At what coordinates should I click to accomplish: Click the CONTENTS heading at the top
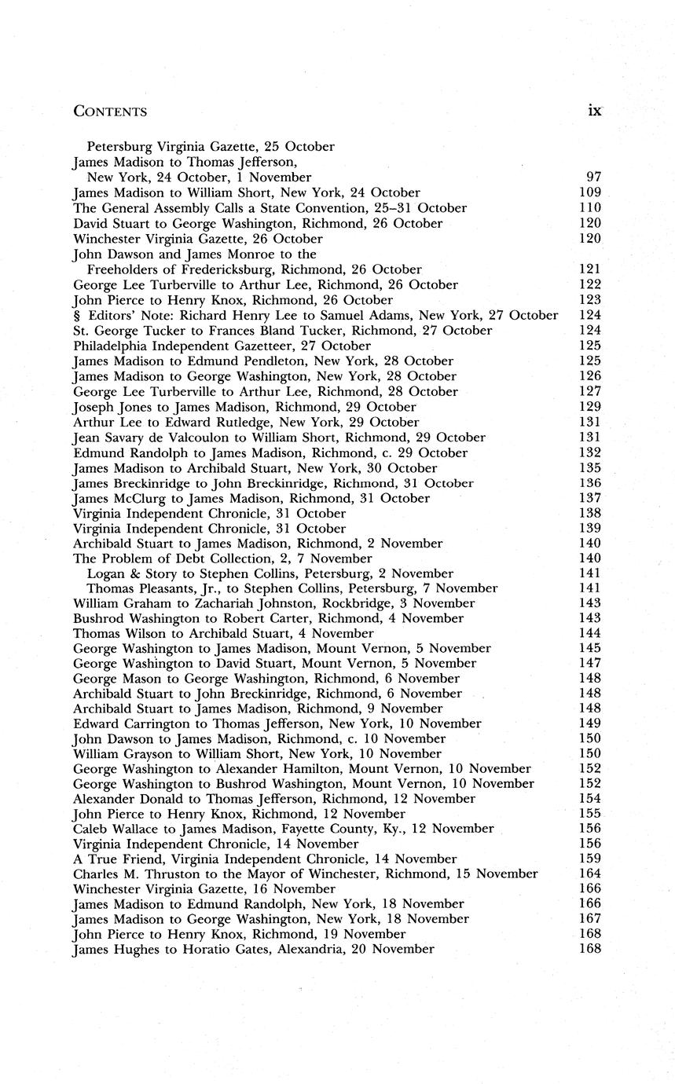coord(110,112)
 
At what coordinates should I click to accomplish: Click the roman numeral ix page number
coord(594,111)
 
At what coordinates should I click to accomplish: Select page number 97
coord(593,178)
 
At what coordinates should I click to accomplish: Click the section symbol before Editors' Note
coord(76,316)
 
